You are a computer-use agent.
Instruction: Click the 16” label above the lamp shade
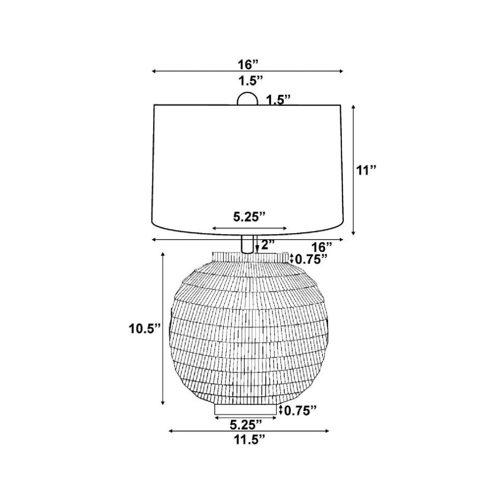point(247,65)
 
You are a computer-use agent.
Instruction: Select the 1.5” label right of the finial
point(278,100)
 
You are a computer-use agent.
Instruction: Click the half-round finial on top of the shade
point(247,98)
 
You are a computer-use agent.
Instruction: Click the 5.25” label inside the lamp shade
point(249,217)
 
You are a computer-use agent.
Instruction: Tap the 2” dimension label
point(267,245)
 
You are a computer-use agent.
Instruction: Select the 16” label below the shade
point(321,247)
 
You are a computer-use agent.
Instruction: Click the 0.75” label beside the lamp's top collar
point(311,259)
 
